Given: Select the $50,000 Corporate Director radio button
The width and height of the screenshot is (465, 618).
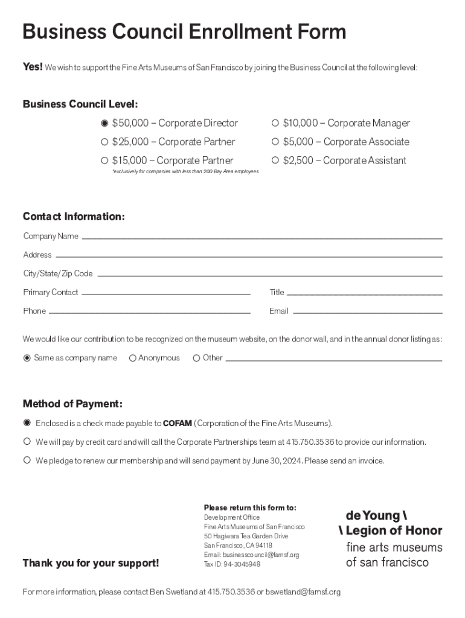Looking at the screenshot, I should click(x=104, y=123).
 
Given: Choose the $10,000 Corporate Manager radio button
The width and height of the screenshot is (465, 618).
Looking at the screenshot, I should click(x=275, y=123).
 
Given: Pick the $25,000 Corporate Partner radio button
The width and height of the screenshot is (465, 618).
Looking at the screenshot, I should click(x=104, y=142).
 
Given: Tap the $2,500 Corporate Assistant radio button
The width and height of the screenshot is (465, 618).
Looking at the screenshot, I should click(x=275, y=161).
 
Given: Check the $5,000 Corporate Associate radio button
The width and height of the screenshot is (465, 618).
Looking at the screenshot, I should click(x=275, y=142).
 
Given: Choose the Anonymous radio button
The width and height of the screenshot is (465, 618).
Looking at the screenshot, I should click(x=133, y=358).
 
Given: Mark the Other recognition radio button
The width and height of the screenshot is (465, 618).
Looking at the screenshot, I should click(x=196, y=358).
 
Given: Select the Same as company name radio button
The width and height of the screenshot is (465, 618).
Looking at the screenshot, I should click(x=27, y=358).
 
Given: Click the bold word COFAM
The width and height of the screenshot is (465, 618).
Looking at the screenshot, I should click(x=178, y=423).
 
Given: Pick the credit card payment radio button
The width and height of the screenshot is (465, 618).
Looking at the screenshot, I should click(x=27, y=442).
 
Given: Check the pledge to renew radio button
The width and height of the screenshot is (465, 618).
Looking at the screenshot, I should click(x=27, y=460).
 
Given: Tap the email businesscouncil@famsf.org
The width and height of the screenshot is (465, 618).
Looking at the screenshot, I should click(x=261, y=555).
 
